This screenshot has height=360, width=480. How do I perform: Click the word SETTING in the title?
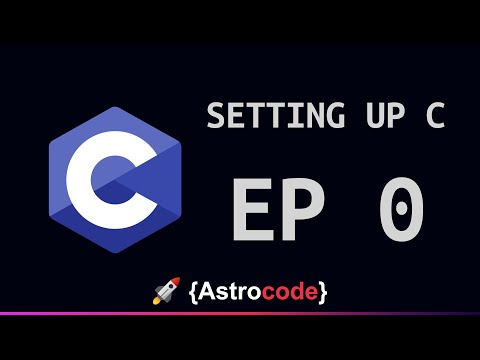(x=275, y=115)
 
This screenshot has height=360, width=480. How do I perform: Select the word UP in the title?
(x=386, y=115)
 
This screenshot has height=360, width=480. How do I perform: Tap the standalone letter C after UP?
(x=435, y=115)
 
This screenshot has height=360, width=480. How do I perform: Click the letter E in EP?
(x=253, y=209)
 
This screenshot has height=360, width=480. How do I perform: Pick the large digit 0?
(x=402, y=209)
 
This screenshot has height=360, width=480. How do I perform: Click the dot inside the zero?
(x=402, y=209)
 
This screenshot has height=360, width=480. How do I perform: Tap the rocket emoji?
(x=166, y=291)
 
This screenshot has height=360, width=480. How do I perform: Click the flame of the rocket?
(x=156, y=301)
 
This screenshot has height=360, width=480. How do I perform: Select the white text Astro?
(x=230, y=291)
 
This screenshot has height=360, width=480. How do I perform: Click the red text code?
(x=290, y=291)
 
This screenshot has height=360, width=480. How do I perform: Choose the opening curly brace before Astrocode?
(x=194, y=292)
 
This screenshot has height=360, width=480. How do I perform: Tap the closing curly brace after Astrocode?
(x=322, y=292)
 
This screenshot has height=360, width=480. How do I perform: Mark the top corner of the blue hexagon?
(x=115, y=107)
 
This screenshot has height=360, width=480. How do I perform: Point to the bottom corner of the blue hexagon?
(x=115, y=253)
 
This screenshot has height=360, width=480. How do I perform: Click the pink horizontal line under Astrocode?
(x=240, y=314)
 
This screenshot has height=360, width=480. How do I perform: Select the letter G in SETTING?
(x=334, y=115)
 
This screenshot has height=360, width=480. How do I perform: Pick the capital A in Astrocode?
(x=207, y=292)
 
